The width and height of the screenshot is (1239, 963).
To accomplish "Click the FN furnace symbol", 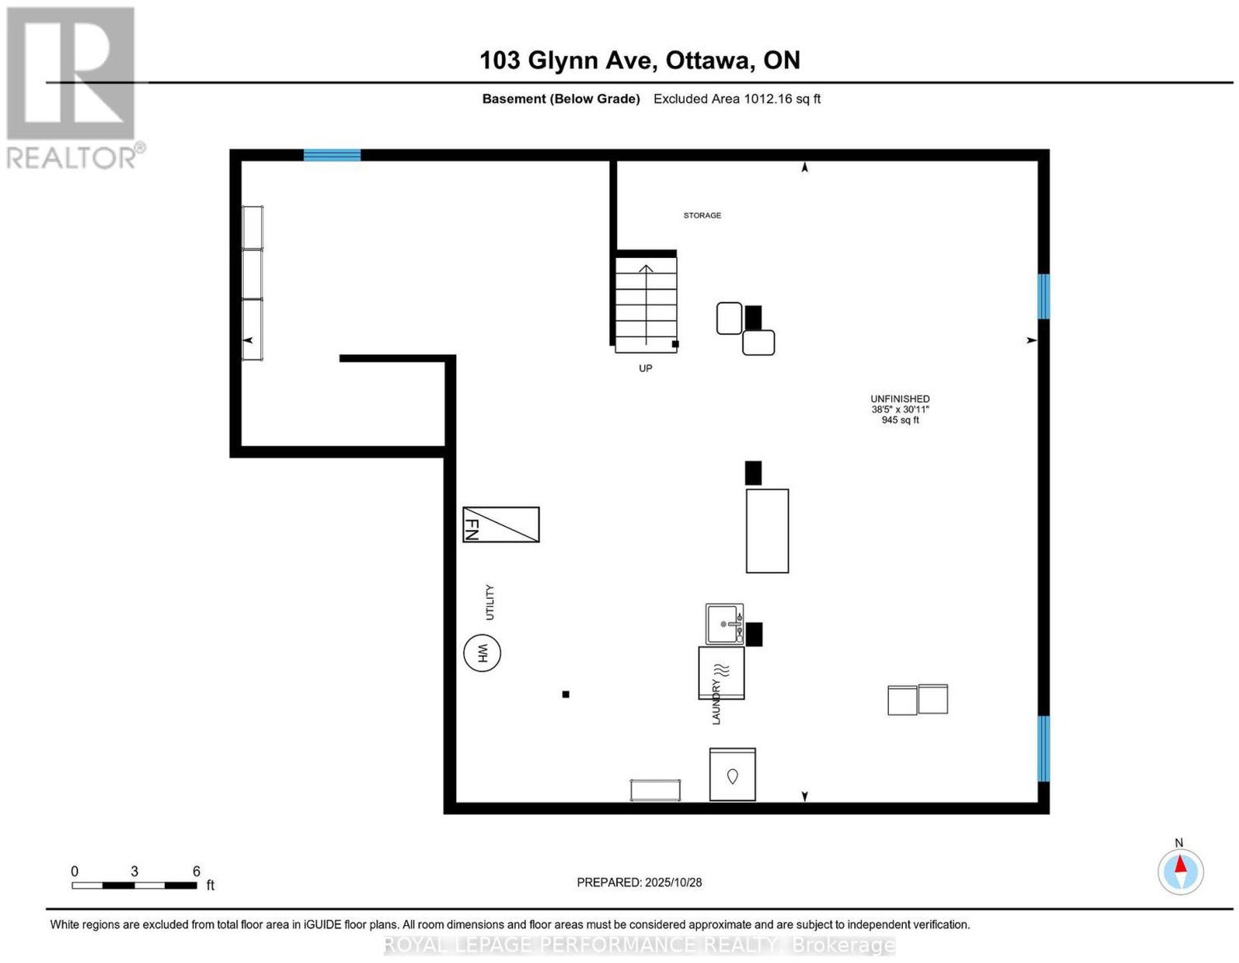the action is pyautogui.click(x=500, y=524).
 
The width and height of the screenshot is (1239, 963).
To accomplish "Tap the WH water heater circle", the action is pyautogui.click(x=482, y=653).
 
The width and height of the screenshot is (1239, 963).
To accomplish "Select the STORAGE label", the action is pyautogui.click(x=702, y=215).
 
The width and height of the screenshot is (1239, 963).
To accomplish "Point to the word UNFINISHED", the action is pyautogui.click(x=900, y=399).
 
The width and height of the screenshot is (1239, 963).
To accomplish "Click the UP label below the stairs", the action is pyautogui.click(x=645, y=368).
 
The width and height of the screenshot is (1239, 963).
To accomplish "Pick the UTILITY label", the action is pyautogui.click(x=489, y=602).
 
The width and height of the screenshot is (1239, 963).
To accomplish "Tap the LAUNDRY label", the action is pyautogui.click(x=716, y=702).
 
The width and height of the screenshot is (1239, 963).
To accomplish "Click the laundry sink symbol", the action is pyautogui.click(x=724, y=624).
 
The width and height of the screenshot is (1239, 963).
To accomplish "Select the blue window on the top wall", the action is pyautogui.click(x=332, y=155).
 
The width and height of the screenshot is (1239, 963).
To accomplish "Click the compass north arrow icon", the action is pyautogui.click(x=1180, y=872).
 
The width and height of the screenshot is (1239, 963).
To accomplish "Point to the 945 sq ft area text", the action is pyautogui.click(x=901, y=420).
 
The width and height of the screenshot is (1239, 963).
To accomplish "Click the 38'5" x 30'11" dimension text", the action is pyautogui.click(x=901, y=410).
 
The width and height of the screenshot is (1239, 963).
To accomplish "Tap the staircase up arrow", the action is pyautogui.click(x=646, y=305).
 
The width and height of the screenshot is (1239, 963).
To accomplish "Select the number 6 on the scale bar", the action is pyautogui.click(x=196, y=871).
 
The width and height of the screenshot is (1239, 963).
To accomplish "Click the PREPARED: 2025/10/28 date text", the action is pyautogui.click(x=639, y=882).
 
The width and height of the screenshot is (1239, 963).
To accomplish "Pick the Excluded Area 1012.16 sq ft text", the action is pyautogui.click(x=736, y=98).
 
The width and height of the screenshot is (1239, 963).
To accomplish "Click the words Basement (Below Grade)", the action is pyautogui.click(x=561, y=98).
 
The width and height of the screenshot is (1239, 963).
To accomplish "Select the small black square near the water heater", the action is pyautogui.click(x=565, y=694).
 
